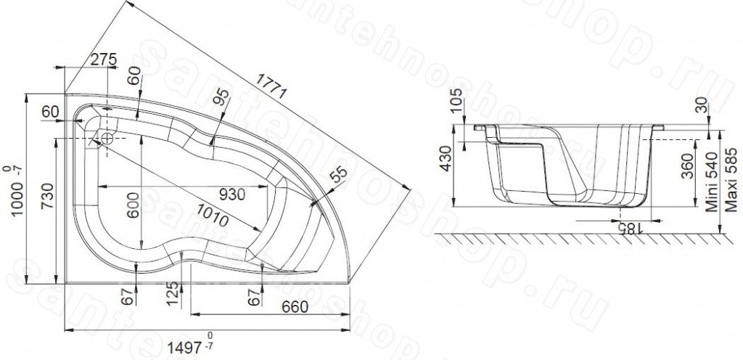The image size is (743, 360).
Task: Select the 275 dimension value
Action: pos(103,60)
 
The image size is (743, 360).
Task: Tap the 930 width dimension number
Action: pos(231,195)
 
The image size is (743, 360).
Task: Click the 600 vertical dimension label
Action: pos(134,205)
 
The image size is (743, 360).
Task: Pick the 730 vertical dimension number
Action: pos(47,199)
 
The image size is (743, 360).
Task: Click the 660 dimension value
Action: pos(295,307)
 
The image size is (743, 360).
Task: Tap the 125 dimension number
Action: pos(174,294)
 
